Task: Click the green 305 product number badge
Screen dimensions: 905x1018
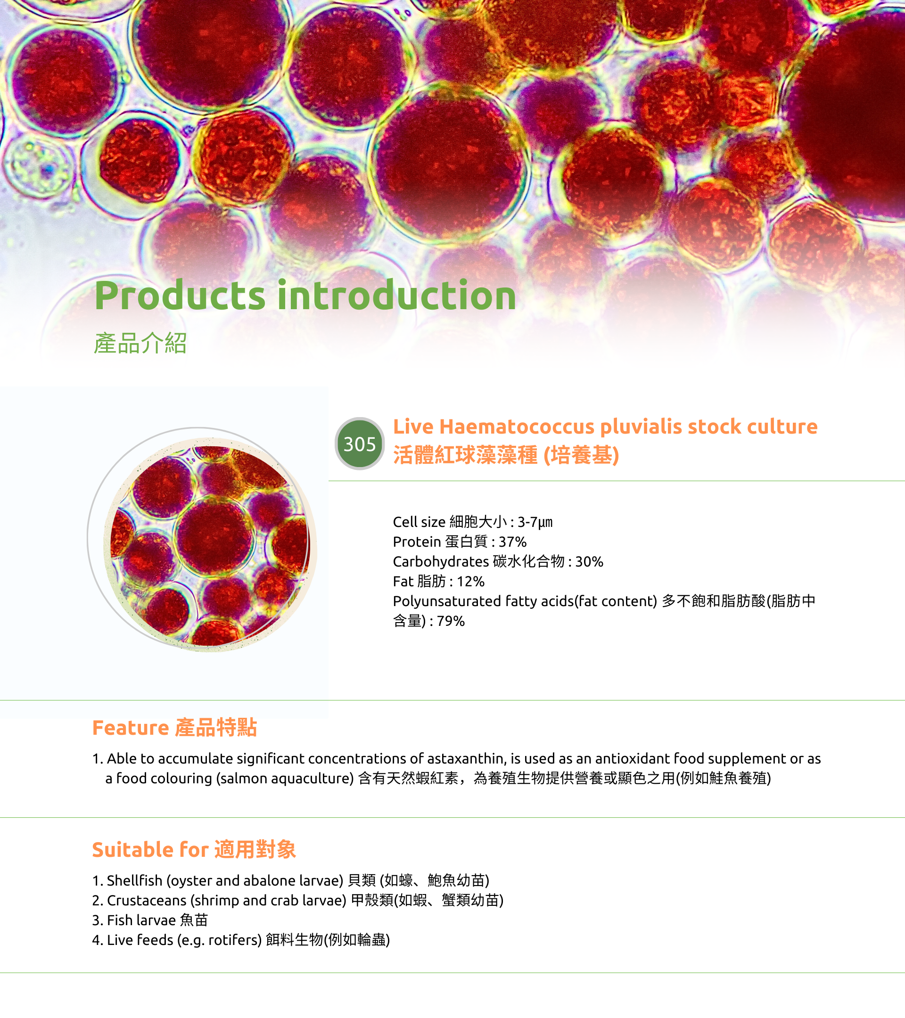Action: tap(359, 443)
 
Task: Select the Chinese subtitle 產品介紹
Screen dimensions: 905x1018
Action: tap(140, 343)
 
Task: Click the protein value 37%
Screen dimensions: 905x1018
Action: tap(512, 542)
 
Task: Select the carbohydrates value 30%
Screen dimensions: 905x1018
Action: tap(589, 561)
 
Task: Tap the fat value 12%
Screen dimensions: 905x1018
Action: tap(471, 581)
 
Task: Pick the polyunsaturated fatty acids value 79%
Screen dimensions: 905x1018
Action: tap(451, 621)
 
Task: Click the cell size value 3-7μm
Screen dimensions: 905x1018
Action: tap(535, 522)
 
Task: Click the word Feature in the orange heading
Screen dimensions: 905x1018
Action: tap(131, 728)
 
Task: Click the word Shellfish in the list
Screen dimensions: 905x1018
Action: tap(134, 880)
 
